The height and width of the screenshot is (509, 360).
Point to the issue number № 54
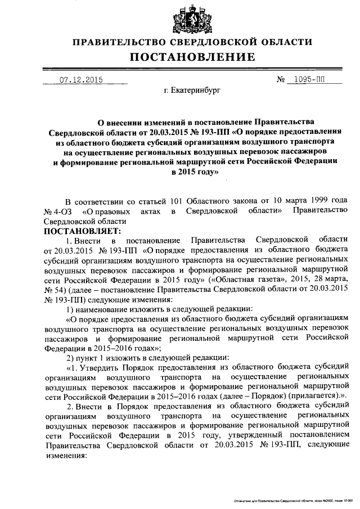tap(54, 290)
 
